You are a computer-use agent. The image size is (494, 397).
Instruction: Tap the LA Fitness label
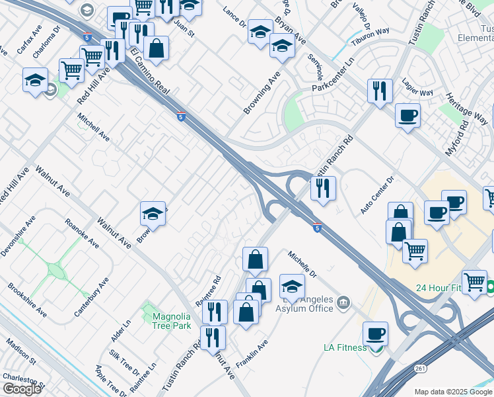coord(345,347)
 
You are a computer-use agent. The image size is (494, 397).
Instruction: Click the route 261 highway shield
coord(420,367)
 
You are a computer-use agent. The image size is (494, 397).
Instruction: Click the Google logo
coord(22,389)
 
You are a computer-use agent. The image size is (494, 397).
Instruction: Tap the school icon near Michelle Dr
coord(292,286)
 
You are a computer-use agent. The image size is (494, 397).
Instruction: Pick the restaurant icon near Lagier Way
coord(380,91)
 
